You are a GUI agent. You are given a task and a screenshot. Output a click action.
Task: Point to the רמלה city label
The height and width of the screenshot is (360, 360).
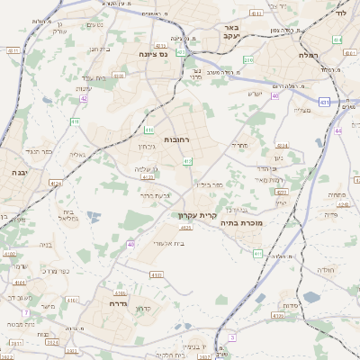coord(312,54)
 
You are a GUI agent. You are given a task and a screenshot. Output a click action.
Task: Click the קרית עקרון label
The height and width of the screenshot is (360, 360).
coord(194,216)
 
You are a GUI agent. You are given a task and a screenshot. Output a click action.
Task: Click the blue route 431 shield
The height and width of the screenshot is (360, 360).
coord(323,103)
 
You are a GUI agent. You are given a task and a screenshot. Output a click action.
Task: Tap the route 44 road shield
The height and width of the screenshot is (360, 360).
coord(338,130)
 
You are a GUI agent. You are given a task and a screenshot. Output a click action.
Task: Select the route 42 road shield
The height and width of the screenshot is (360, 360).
coord(84,98)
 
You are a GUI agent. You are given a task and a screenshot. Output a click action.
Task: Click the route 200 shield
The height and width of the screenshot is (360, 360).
coord(247,59)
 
